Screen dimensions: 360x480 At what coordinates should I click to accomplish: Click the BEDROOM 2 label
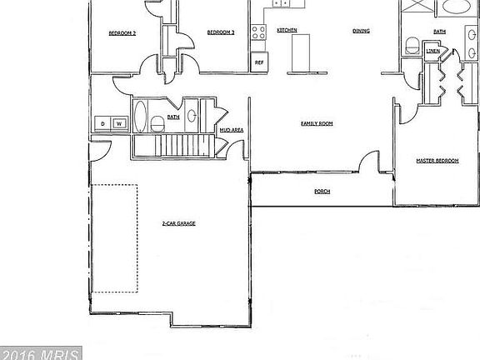pyautogui.click(x=122, y=33)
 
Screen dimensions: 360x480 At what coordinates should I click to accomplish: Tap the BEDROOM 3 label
pyautogui.click(x=221, y=32)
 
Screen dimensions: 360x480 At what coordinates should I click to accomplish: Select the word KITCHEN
pyautogui.click(x=287, y=30)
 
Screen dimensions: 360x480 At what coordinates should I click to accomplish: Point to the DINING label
pyautogui.click(x=361, y=30)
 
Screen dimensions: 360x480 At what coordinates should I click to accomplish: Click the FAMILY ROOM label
pyautogui.click(x=317, y=123)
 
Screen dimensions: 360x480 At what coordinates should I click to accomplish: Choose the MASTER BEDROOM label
pyautogui.click(x=437, y=161)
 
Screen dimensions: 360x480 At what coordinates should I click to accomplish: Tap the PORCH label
pyautogui.click(x=322, y=192)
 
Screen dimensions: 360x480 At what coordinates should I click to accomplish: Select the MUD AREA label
pyautogui.click(x=231, y=131)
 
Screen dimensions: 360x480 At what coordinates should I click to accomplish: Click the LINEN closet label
pyautogui.click(x=433, y=52)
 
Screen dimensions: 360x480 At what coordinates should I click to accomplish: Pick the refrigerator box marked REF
pyautogui.click(x=259, y=62)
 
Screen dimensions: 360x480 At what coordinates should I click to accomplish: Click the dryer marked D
pyautogui.click(x=103, y=124)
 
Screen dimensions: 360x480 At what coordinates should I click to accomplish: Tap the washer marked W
pyautogui.click(x=119, y=124)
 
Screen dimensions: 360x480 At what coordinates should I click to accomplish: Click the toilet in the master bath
pyautogui.click(x=411, y=44)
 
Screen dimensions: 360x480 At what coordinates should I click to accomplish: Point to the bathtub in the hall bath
pyautogui.click(x=141, y=117)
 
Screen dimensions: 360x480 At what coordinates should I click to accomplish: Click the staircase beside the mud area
pyautogui.click(x=173, y=147)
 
